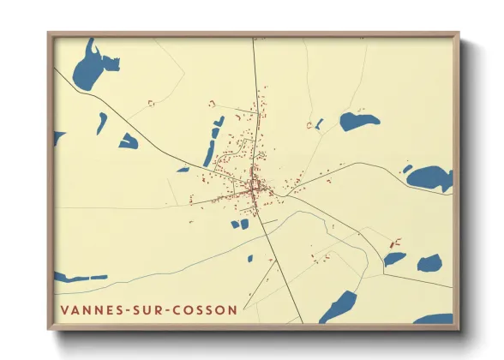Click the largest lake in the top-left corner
pos(89,69)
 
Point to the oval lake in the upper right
pos(358,121)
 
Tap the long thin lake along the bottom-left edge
pos(81,278)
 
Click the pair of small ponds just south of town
pos(240,225)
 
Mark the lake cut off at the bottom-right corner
pos(435,319)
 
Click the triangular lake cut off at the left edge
pos(57,136)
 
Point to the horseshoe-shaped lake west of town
pos(129,141)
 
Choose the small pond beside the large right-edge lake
pos(407,169)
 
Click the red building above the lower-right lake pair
pos(395,243)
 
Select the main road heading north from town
pos(255,86)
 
